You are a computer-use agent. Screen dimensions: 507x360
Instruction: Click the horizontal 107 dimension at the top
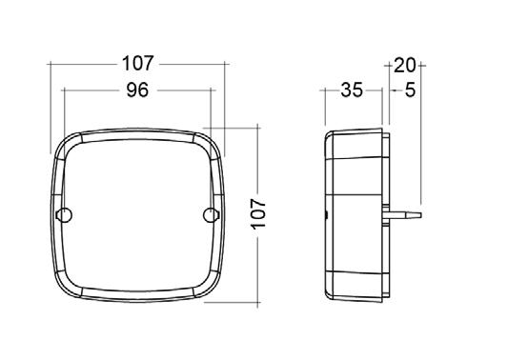(x=137, y=64)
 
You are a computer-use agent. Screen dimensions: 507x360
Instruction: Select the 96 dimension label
(x=137, y=90)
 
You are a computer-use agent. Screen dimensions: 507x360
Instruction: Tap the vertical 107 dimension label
(x=258, y=214)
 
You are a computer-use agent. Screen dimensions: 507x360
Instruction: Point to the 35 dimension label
(x=352, y=90)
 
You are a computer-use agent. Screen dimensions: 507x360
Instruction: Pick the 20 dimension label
(x=405, y=66)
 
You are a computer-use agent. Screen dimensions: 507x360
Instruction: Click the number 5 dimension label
(x=410, y=90)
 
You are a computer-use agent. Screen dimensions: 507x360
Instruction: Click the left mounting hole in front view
(x=64, y=215)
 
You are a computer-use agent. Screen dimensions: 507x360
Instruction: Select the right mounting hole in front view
(x=212, y=215)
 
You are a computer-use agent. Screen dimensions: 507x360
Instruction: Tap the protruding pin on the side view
(x=402, y=215)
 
